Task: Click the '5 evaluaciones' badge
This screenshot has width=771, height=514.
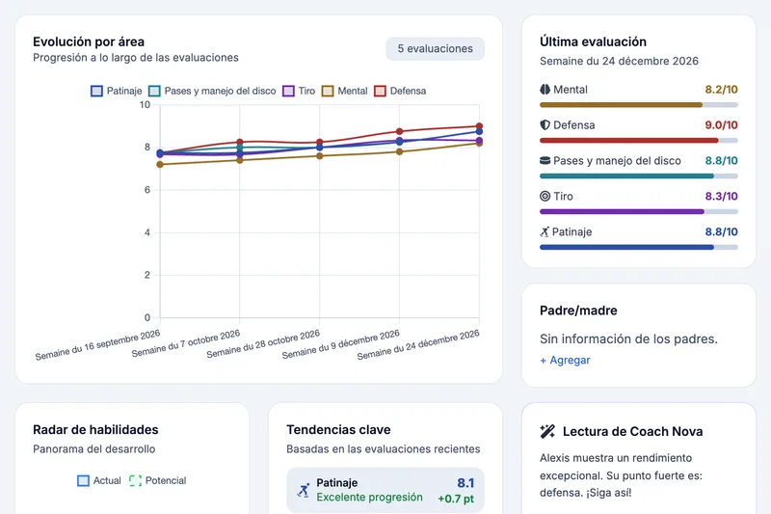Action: coord(436,48)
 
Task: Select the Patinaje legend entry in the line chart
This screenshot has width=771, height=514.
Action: coord(117,91)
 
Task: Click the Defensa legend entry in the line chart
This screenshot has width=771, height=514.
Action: coord(400,91)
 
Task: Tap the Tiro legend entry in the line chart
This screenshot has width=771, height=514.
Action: coord(299,91)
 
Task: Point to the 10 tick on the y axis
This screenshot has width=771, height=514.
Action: coord(145,105)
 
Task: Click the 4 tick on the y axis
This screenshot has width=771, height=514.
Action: coord(147,232)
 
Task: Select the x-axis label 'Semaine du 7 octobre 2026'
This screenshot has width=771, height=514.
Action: coord(186,343)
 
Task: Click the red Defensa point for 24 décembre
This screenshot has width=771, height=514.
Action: coord(479,126)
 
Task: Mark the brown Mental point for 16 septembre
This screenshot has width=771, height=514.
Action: coord(160,164)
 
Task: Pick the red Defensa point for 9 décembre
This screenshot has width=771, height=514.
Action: coord(399,131)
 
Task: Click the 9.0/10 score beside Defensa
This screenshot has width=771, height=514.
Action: coord(721,125)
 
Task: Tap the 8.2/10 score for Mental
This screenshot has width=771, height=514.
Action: coord(721,90)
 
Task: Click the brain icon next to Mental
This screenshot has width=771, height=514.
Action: coord(545,90)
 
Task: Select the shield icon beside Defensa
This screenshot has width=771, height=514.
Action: coord(545,125)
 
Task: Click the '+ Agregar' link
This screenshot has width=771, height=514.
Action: coord(565,360)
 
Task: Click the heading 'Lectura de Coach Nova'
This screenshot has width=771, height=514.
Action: coord(633,431)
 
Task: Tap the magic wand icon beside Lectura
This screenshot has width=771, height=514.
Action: coord(547,431)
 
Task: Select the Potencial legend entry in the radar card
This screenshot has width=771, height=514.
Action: coord(158,480)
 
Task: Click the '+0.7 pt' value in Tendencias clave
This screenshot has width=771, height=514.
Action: coord(456,499)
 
